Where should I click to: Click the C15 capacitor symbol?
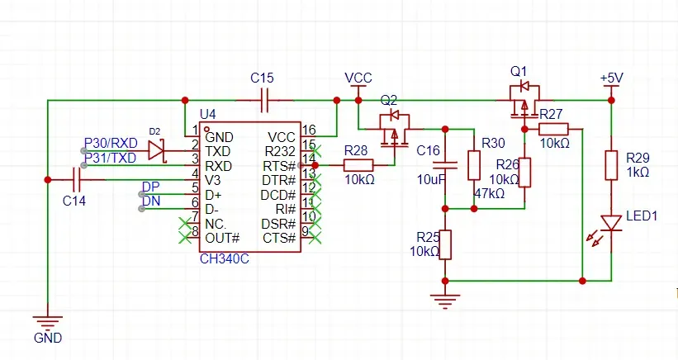click(x=265, y=100)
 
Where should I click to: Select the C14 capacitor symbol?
click(x=78, y=180)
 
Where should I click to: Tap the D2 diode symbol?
click(x=157, y=150)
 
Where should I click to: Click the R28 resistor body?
click(x=358, y=165)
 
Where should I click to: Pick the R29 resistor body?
click(x=611, y=165)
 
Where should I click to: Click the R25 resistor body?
click(x=445, y=244)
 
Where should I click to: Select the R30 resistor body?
click(x=474, y=165)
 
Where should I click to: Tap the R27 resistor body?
click(x=553, y=129)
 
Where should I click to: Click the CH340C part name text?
click(x=224, y=259)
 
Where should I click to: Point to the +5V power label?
click(x=611, y=78)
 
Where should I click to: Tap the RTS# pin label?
click(x=279, y=167)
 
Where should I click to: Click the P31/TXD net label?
click(x=111, y=158)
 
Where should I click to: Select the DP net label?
click(x=151, y=187)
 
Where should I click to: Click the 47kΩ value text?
click(x=489, y=193)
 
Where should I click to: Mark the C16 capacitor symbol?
click(x=445, y=165)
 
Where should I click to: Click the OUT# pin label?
click(x=222, y=238)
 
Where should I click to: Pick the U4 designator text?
click(x=207, y=114)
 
